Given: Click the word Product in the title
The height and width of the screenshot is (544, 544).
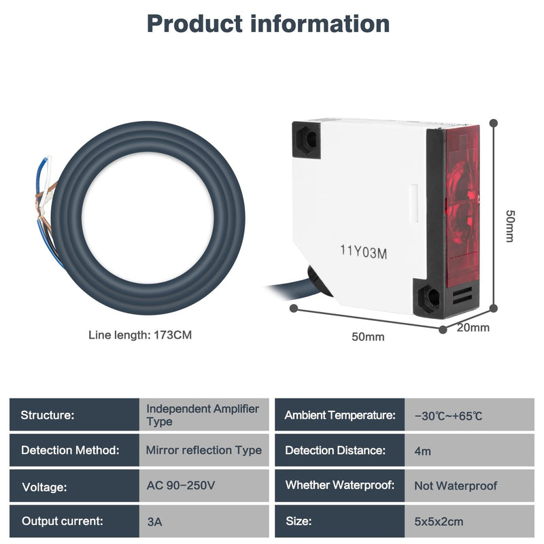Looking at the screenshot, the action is coord(194,24).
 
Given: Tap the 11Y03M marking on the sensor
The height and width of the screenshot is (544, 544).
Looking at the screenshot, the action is coord(363,252).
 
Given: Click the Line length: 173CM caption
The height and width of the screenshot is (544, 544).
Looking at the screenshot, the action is coord(140,335).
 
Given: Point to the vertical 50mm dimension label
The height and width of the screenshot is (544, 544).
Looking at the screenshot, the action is coord(510,226).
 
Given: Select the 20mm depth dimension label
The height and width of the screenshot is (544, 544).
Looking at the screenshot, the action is coord(473,328).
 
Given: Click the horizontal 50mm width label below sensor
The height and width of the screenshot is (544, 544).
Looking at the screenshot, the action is coord(368,337).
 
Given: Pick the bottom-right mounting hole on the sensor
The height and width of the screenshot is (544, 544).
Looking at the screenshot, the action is coord(430,297).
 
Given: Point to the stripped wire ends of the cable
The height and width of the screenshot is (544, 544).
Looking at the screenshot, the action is coord(45,208).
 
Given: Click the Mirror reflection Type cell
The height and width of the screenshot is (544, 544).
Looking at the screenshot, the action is coord(203,450).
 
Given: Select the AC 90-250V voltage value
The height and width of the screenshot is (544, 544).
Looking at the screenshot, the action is coord(181,486).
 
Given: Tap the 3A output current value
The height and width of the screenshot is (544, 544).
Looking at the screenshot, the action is coord(154,522).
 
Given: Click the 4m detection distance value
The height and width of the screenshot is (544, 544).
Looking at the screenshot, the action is coord(422,451).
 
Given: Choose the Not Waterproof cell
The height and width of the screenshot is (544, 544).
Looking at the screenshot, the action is coord(456,486).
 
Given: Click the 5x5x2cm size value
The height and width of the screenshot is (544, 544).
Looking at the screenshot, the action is coord(439,522).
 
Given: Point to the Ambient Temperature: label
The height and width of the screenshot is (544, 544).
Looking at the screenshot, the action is coord(340,415).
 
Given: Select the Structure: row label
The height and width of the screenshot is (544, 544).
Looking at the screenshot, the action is coord(48,415).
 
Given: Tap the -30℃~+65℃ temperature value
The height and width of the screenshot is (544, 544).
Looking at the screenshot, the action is coord(448,415).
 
